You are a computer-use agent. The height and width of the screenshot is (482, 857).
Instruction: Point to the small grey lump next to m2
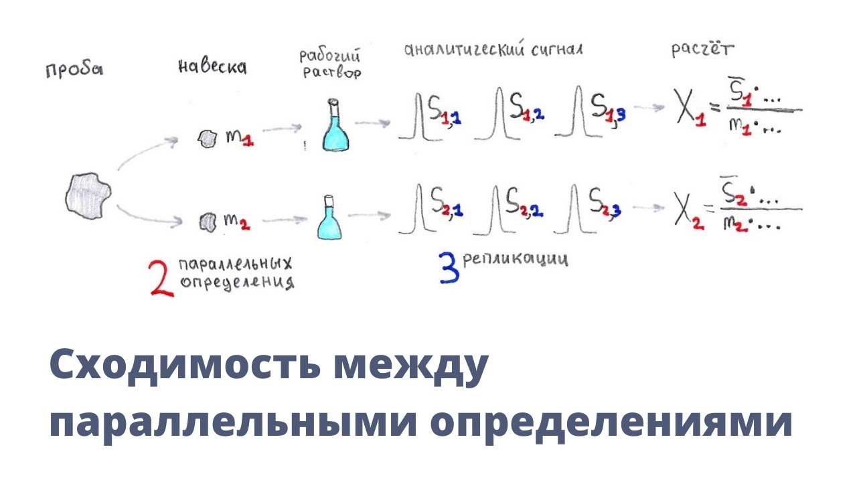[207, 221]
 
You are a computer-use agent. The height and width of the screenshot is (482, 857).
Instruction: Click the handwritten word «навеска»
[212, 66]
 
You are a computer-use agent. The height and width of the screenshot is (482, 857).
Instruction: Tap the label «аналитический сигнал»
[493, 50]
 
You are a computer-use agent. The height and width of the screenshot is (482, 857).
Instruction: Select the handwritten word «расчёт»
[702, 50]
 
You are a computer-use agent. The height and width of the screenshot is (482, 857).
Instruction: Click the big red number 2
[163, 278]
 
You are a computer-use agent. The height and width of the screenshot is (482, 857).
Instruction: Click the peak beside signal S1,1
[418, 118]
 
